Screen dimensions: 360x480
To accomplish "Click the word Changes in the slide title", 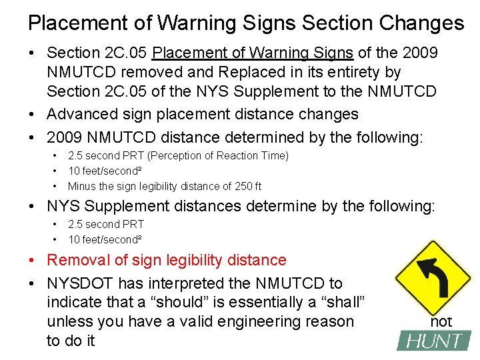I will [423, 23].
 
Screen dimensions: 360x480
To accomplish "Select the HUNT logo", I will [433, 341].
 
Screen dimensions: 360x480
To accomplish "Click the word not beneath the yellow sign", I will [441, 322].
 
